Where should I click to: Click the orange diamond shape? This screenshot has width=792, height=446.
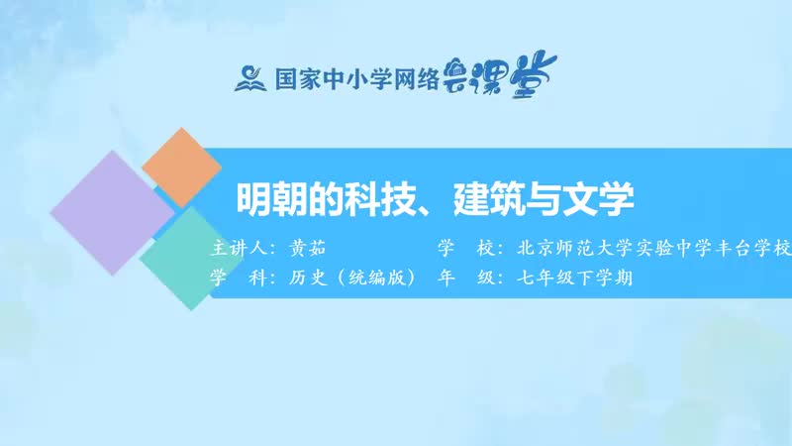(181, 167)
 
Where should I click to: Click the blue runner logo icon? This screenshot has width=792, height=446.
(248, 77)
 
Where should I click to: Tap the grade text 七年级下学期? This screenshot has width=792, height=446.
(573, 278)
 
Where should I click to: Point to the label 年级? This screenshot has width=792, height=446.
(463, 278)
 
